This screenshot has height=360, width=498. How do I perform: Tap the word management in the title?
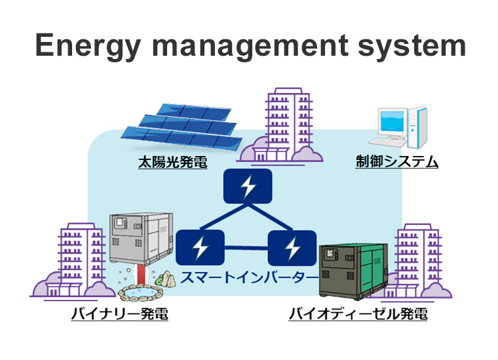pyautogui.click(x=250, y=47)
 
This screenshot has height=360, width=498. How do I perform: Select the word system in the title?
pyautogui.click(x=412, y=47)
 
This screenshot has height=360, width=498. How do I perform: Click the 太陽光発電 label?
pyautogui.click(x=173, y=162)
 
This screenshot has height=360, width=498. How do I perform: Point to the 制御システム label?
pyautogui.click(x=396, y=161)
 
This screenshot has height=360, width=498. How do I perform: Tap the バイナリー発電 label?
pyautogui.click(x=120, y=314)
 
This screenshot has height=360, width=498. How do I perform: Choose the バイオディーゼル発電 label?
pyautogui.click(x=358, y=314)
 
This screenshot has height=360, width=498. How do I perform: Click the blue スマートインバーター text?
pyautogui.click(x=249, y=277)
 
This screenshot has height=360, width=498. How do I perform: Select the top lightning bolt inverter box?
pyautogui.click(x=248, y=186)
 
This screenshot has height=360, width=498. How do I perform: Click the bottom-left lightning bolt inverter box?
pyautogui.click(x=200, y=247)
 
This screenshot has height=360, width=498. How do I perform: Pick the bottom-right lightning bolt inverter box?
pyautogui.click(x=292, y=248)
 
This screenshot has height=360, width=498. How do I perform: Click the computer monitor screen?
pyautogui.click(x=393, y=121)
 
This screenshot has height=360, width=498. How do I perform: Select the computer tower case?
pyautogui.click(x=417, y=128)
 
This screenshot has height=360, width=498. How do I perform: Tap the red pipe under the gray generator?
pyautogui.click(x=141, y=275)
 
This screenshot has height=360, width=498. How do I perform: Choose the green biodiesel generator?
pyautogui.click(x=353, y=271)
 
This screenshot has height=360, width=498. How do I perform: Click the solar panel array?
pyautogui.click(x=182, y=126)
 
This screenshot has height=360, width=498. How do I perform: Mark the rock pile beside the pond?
pyautogui.click(x=166, y=279)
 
